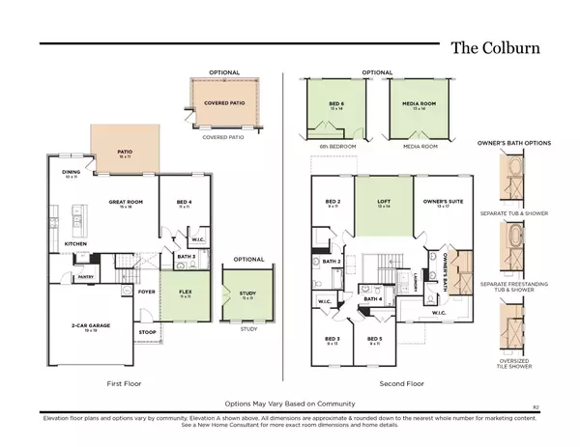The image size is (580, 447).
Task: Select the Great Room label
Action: click(x=126, y=204)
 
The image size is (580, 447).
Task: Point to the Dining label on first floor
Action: click(x=72, y=175)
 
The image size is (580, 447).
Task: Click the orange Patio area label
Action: click(x=124, y=152)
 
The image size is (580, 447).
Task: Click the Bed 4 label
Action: click(x=184, y=204)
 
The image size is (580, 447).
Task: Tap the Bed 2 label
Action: click(x=331, y=204)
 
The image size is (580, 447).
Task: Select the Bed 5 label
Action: click(x=375, y=341)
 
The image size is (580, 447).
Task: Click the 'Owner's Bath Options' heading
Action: click(x=514, y=143)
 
